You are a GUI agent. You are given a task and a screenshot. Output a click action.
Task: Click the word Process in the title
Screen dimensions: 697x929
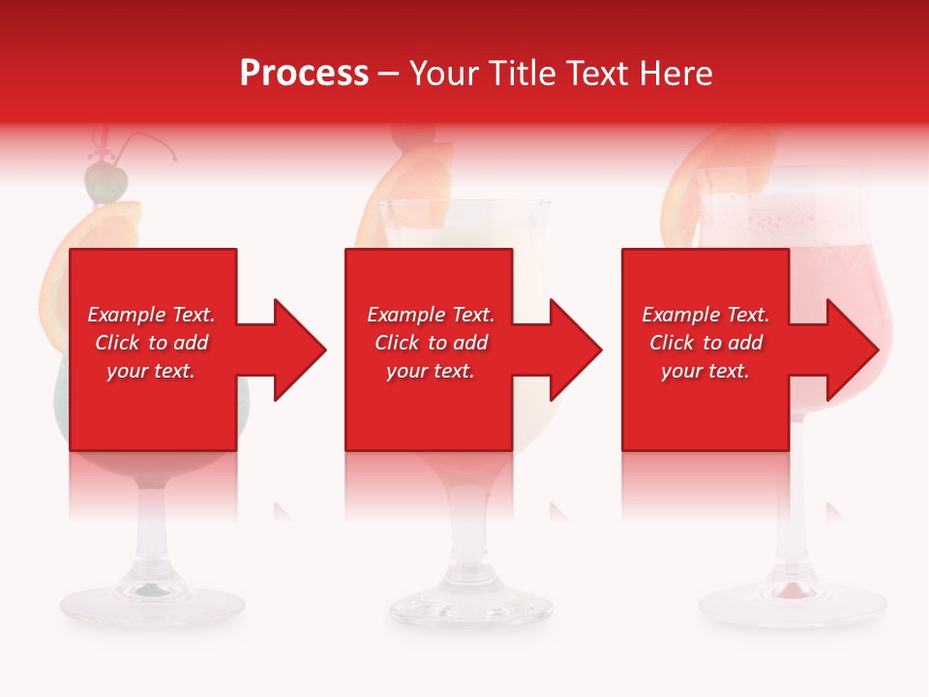[x=304, y=74]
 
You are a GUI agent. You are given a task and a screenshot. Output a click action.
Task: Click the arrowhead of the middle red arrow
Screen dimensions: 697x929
[x=575, y=349]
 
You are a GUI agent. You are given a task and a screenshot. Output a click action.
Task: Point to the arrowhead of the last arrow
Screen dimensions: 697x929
[x=852, y=349]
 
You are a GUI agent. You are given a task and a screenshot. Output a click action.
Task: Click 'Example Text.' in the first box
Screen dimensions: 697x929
[x=151, y=315]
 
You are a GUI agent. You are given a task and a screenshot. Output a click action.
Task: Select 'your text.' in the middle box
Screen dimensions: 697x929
[x=430, y=371]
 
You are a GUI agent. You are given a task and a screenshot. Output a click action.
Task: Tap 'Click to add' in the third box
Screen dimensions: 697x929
[x=705, y=343]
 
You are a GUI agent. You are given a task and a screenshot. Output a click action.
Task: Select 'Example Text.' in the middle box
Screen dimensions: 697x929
[x=430, y=315]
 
